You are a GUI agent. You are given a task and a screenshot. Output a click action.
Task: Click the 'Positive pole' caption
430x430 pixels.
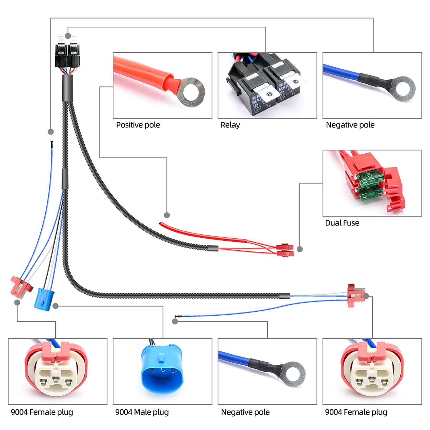click(138, 125)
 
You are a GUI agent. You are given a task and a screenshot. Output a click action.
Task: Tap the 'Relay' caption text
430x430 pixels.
click(230, 125)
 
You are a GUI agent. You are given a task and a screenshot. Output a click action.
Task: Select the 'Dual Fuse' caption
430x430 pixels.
click(342, 223)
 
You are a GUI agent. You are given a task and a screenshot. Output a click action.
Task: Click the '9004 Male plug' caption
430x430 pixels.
click(142, 412)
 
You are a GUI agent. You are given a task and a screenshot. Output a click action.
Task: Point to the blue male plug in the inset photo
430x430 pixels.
click(161, 367)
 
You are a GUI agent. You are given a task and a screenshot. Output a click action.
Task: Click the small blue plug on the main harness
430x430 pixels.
click(44, 298)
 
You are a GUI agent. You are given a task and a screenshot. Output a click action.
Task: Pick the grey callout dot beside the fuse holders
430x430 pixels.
click(300, 249)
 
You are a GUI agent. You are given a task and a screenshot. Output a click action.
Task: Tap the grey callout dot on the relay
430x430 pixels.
click(68, 36)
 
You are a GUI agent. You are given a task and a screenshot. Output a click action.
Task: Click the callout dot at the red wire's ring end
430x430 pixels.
click(167, 215)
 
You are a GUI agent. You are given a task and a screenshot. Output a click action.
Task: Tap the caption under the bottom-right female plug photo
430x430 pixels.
click(356, 412)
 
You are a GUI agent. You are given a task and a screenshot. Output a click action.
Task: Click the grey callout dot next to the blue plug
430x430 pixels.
click(56, 306)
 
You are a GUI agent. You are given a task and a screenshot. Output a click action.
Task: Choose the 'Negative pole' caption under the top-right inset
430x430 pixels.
click(350, 125)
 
